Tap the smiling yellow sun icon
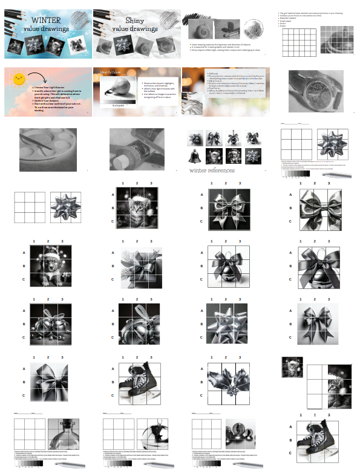pos(19,77)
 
